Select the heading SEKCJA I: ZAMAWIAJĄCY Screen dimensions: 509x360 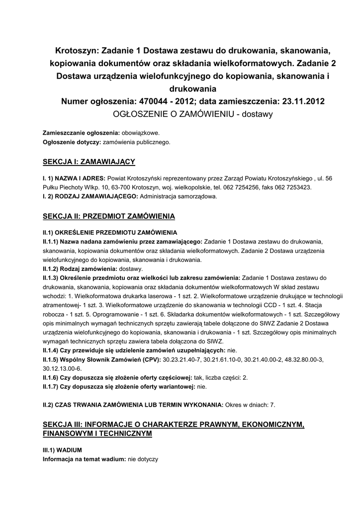pos(89,162)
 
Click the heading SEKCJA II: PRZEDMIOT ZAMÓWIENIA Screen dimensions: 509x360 pos(108,216)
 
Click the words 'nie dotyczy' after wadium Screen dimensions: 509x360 pos(143,459)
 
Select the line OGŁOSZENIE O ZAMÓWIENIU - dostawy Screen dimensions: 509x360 pos(193,114)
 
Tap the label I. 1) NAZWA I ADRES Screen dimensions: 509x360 pos(74,178)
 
